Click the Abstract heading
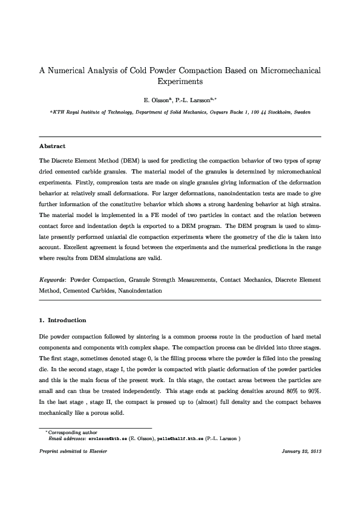click(x=52, y=146)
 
